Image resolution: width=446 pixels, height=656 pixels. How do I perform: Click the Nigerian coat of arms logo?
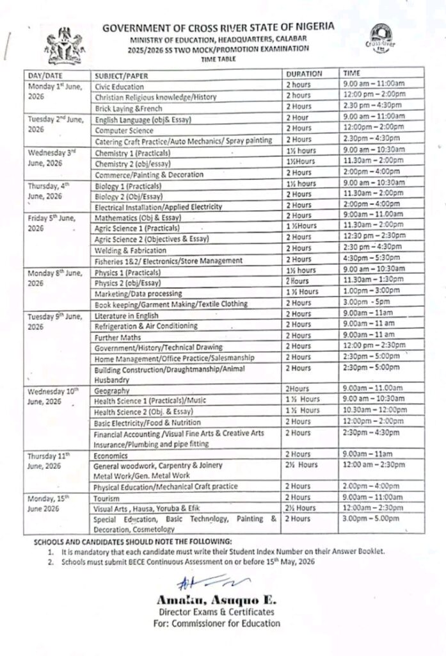pos(63,45)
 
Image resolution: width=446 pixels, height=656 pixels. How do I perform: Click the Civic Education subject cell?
pos(120,86)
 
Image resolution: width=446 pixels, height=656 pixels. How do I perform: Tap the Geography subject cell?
pos(112,390)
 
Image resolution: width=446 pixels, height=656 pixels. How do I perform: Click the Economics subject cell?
pos(111,455)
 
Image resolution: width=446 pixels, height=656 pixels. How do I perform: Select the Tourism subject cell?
pos(108,497)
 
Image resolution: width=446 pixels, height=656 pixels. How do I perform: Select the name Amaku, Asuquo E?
pos(216,600)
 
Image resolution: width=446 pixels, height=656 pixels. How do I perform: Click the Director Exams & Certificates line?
pos(216,612)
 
